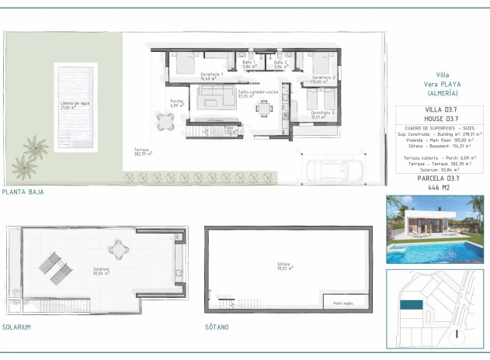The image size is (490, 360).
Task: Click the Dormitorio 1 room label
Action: [211, 76]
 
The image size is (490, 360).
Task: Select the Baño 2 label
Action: [280, 64]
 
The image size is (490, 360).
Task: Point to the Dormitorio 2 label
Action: [322, 78]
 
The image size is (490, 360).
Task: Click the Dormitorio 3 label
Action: [322, 114]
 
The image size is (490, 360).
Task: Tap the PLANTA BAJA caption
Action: [23, 192]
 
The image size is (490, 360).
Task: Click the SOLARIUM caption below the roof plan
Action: [17, 327]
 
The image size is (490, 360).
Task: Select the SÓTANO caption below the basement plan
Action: [218, 327]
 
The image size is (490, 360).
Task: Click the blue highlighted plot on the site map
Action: [411, 306]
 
